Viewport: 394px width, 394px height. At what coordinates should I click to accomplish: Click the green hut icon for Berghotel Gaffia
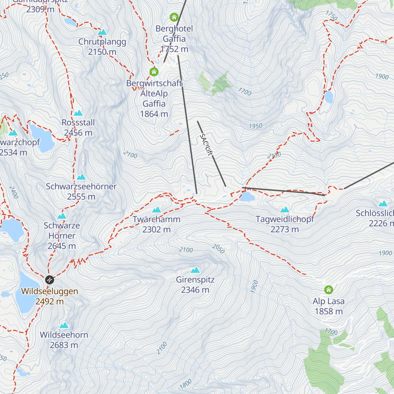point(174,17)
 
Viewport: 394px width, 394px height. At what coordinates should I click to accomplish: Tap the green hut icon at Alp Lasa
point(328,290)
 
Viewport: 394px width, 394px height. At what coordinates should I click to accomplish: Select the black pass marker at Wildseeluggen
point(49,280)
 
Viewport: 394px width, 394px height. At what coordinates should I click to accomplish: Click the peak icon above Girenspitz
point(195,270)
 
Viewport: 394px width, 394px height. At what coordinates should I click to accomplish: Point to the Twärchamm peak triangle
point(157,209)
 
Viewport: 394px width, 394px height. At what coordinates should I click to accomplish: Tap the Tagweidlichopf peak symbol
point(284,209)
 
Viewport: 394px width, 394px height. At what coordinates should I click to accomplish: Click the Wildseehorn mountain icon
point(64,325)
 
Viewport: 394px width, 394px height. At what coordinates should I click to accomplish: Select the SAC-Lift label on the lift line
point(206,144)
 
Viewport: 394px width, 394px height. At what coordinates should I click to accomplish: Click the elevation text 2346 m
point(195,290)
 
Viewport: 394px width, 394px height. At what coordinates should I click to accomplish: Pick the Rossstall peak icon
point(78,113)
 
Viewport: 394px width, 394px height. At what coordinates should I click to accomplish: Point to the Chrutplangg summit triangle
point(102,32)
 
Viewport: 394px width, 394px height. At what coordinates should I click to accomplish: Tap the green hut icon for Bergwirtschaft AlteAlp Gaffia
point(154,71)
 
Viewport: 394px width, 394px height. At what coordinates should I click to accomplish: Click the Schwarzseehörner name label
point(81,186)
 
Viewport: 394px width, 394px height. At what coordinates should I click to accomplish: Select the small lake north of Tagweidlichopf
point(247,197)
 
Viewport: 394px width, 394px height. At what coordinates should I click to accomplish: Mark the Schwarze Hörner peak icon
point(62,216)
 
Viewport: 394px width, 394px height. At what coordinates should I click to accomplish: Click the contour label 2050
point(218,249)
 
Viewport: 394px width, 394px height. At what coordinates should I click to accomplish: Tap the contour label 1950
point(255,126)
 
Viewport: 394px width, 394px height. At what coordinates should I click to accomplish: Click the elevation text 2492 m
point(50,301)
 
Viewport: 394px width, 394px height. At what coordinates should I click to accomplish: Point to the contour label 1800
point(186,383)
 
